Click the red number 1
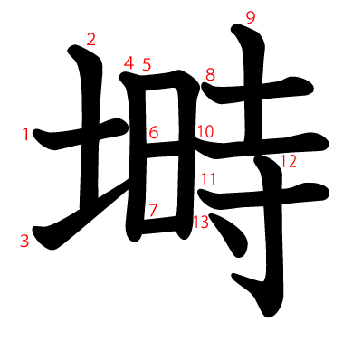click(x=25, y=135)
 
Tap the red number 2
click(x=90, y=38)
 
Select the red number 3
click(x=24, y=241)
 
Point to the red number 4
click(x=129, y=63)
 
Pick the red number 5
click(x=147, y=65)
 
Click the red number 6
click(x=154, y=133)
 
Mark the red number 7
click(x=153, y=210)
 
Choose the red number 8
click(x=210, y=74)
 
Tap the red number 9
click(x=251, y=17)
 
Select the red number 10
click(x=205, y=132)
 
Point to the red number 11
click(x=208, y=179)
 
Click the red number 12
click(x=289, y=162)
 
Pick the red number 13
click(x=200, y=222)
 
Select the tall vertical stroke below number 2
click(x=91, y=136)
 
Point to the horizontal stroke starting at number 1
click(x=81, y=136)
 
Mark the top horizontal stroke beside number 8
click(x=262, y=93)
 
